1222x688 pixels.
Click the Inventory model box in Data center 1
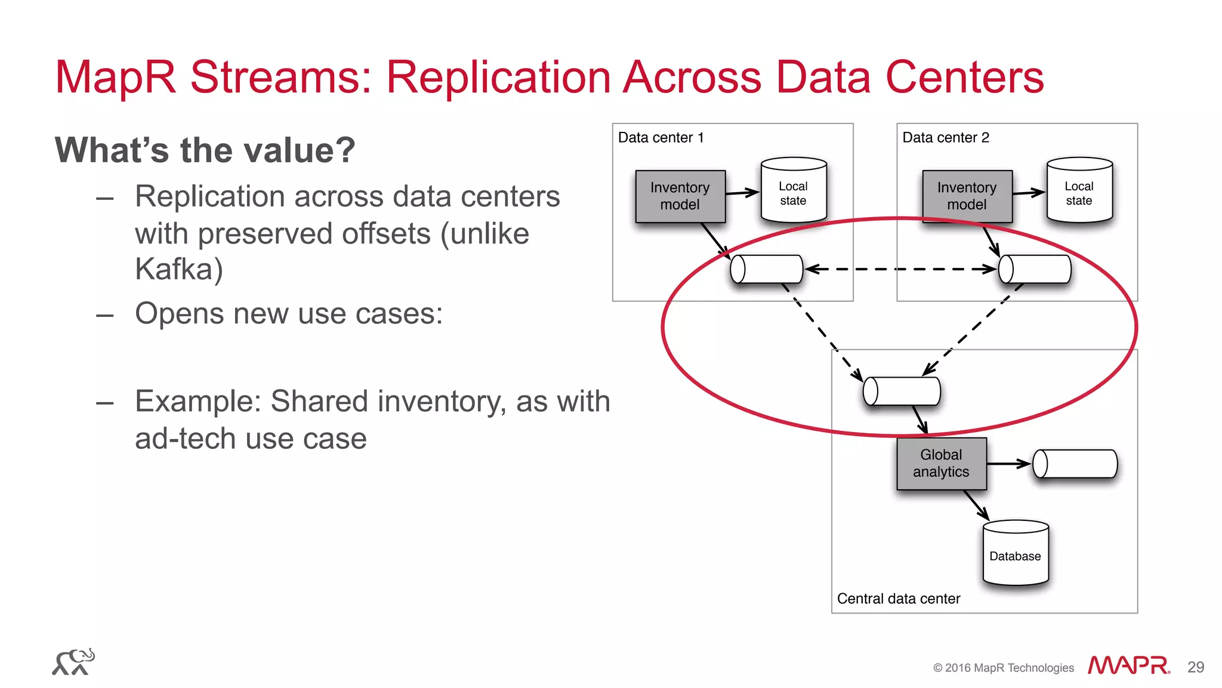[x=680, y=196]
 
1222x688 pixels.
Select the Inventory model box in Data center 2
[x=967, y=196]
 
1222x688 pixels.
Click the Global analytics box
[x=941, y=464]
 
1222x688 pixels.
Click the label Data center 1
[x=661, y=138]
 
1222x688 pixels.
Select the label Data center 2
[x=945, y=138]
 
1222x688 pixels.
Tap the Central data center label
[x=898, y=598]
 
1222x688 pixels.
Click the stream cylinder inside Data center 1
[x=767, y=269]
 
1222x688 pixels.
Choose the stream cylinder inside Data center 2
[x=1035, y=269]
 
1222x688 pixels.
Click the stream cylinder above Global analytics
[x=902, y=391]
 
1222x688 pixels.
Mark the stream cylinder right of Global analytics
[x=1075, y=464]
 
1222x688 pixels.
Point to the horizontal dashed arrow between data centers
[x=901, y=269]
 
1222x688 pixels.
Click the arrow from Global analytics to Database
[x=976, y=505]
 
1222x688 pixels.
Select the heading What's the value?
[x=205, y=150]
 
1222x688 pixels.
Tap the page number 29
[x=1195, y=667]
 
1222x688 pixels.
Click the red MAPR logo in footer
[x=1128, y=665]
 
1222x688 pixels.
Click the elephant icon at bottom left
[x=73, y=662]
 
